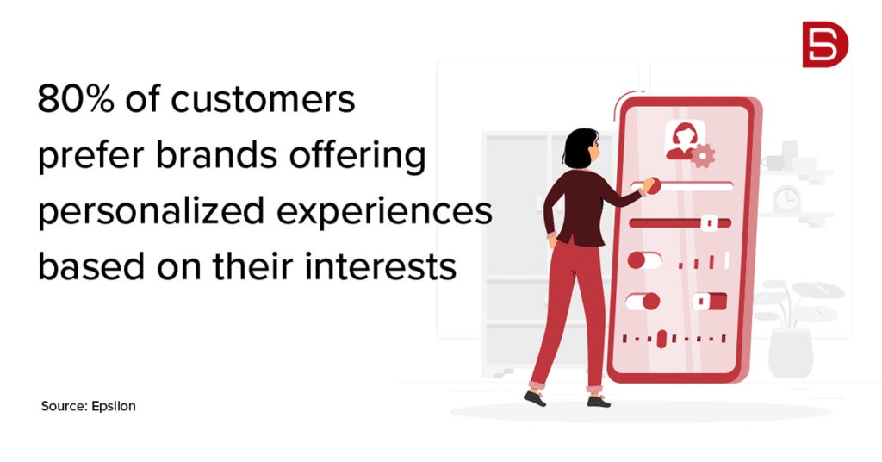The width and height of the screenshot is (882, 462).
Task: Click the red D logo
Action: coord(825,45)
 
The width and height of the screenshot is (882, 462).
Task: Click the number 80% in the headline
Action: coord(76,99)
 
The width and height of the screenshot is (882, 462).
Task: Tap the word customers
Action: coord(263,100)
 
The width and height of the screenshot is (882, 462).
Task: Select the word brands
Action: coord(216,154)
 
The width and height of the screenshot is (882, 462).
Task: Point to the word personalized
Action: coord(152,212)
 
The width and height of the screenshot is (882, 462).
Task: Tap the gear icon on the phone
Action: coord(703,155)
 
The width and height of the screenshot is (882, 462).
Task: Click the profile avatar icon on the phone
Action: coord(680,140)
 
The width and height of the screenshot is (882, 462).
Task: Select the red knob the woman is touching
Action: coord(652,185)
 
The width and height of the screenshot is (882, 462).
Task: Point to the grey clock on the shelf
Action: coord(786,199)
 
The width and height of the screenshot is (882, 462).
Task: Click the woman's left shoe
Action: coord(535,398)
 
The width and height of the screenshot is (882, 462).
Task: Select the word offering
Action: coord(357,155)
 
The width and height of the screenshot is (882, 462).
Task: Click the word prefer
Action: coord(90,156)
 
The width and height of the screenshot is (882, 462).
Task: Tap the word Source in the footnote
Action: coord(62,406)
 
